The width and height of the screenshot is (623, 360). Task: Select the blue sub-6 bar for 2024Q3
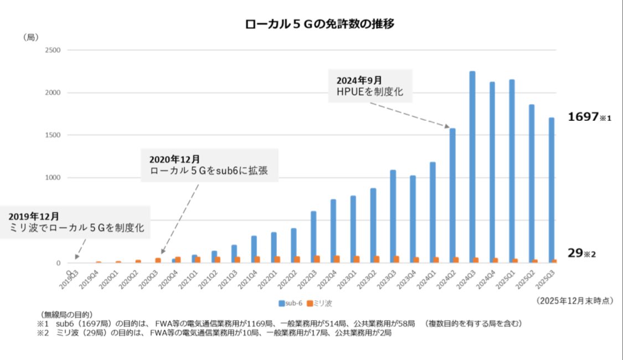click(472, 167)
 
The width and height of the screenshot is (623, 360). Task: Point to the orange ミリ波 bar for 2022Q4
click(337, 259)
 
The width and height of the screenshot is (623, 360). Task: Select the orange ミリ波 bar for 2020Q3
click(158, 260)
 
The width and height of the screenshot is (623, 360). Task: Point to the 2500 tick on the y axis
click(53, 50)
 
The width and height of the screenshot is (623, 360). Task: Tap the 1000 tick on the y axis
click(53, 178)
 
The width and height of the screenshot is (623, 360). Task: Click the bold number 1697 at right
click(583, 117)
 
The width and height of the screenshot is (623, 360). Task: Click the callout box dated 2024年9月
click(370, 86)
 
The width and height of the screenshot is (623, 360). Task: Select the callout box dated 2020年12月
click(209, 165)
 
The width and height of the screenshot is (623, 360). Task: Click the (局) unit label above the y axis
click(30, 37)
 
